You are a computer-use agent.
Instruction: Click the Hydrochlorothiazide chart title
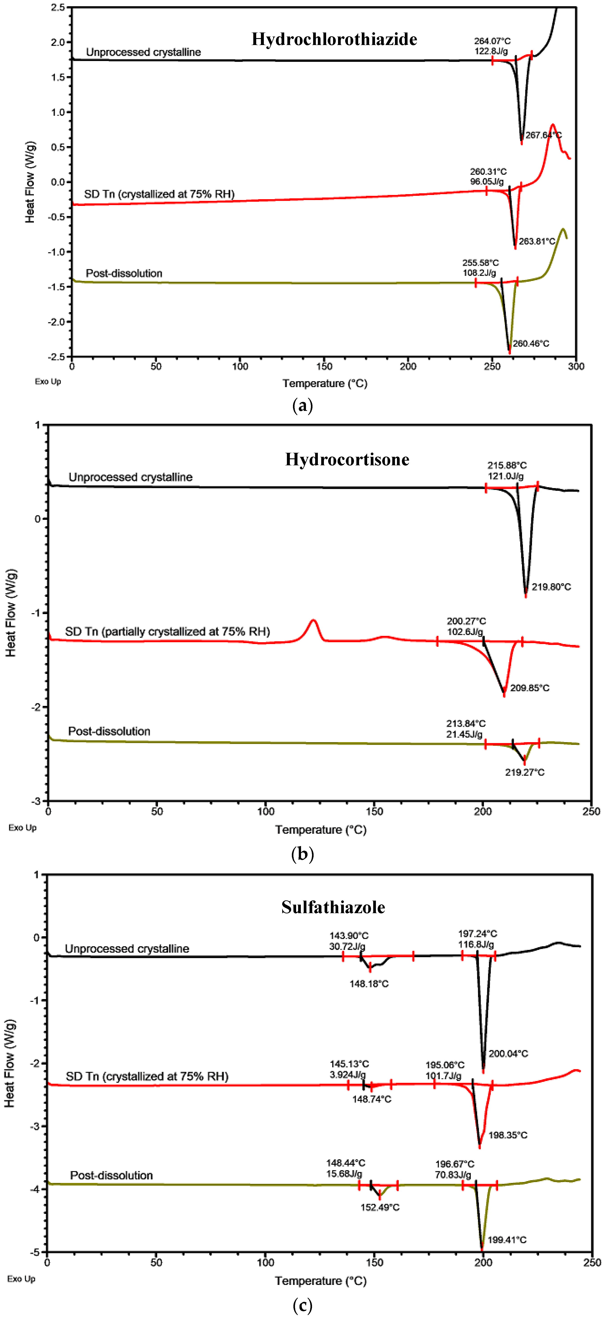[x=334, y=39]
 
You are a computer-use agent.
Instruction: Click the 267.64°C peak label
[x=543, y=135]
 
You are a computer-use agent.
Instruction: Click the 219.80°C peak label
[x=551, y=587]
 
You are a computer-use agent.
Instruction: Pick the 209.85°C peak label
[x=530, y=688]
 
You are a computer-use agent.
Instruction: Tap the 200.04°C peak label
[x=508, y=1054]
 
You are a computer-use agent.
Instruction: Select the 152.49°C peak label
[x=380, y=1207]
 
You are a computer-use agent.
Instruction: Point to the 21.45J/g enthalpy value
[x=464, y=734]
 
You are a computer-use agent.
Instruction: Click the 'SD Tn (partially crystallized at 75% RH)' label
[x=167, y=631]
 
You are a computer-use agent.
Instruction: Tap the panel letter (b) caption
[x=302, y=854]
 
